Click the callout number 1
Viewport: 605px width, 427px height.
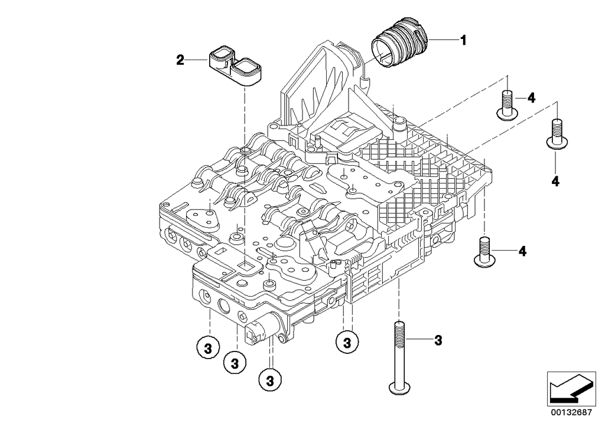pyautogui.click(x=463, y=40)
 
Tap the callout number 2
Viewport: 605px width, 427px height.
pyautogui.click(x=180, y=59)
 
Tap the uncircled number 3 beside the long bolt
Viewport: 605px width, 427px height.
pyautogui.click(x=438, y=340)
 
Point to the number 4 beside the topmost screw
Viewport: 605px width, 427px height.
pyautogui.click(x=531, y=98)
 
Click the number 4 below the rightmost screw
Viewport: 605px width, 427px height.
pyautogui.click(x=555, y=182)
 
